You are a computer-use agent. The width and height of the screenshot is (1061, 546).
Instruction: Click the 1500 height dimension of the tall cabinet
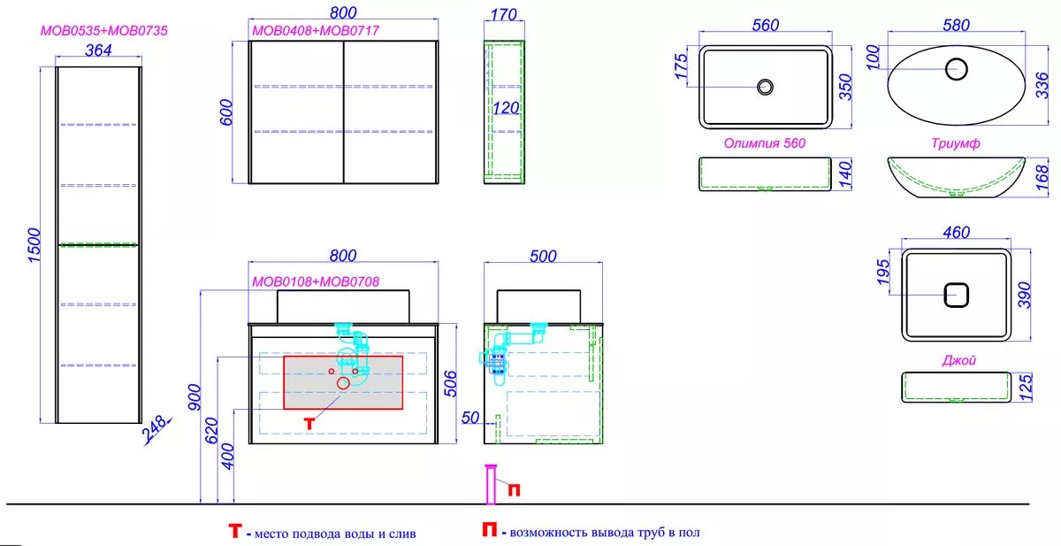coord(34,245)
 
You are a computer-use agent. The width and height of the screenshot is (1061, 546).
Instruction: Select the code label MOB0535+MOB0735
coord(104,31)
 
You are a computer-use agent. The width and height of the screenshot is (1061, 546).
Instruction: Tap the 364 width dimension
coord(98,50)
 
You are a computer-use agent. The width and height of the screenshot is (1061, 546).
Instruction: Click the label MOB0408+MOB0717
coord(316,31)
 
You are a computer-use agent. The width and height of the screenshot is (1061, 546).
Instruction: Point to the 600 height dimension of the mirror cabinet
coord(226,112)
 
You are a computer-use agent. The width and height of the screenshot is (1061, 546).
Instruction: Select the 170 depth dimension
coord(503,15)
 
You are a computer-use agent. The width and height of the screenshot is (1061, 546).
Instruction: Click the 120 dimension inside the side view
coord(506,108)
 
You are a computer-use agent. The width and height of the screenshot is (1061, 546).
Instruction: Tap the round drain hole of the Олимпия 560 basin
coord(765,88)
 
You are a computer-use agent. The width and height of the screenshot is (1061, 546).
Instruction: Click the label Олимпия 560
coord(765,143)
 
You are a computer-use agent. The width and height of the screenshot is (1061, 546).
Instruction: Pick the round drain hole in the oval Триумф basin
coord(957,69)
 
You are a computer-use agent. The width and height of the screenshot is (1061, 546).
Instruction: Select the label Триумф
coord(956,143)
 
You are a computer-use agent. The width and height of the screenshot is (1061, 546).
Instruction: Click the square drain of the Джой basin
coord(957,296)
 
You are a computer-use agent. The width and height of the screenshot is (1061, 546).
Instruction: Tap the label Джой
coord(959,360)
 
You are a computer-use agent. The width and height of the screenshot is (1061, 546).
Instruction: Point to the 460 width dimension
coord(957,232)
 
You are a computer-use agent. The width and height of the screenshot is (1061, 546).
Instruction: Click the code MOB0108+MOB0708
coord(316,281)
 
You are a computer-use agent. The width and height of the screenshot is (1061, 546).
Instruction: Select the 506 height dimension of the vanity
coord(450,384)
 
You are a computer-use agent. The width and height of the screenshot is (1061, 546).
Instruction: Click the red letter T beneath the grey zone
coord(309,423)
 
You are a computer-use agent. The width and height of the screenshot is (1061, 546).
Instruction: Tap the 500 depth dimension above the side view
coord(543,257)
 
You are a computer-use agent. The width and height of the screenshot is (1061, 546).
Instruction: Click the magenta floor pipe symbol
coord(492,484)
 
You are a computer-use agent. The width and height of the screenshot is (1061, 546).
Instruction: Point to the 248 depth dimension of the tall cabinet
coord(155,428)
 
